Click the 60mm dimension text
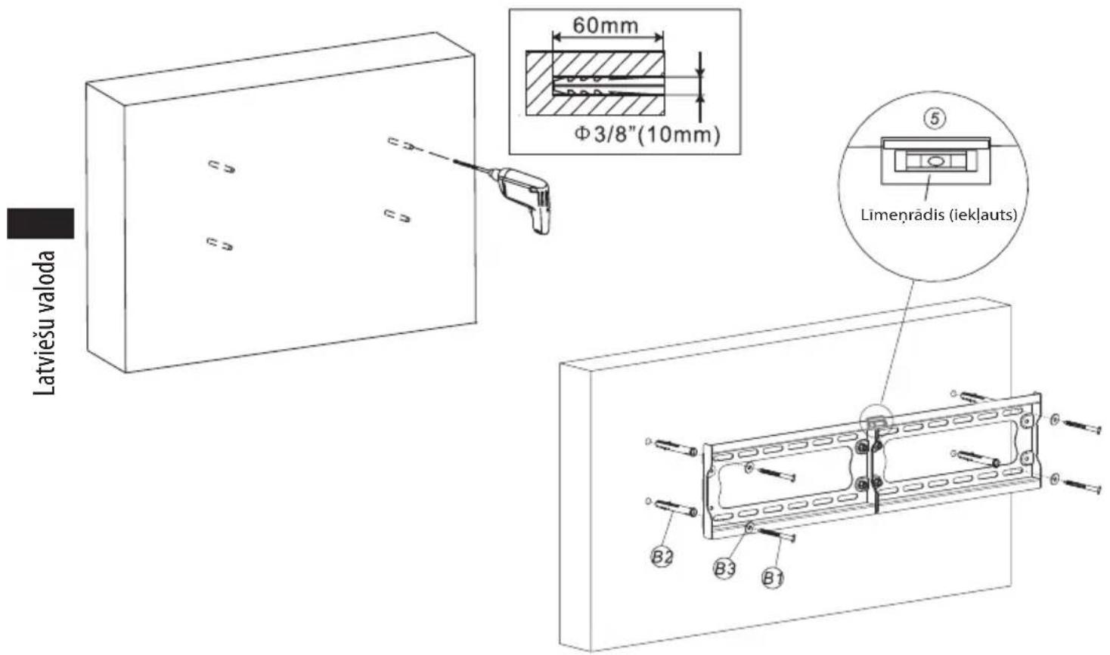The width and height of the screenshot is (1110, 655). pos(606,25)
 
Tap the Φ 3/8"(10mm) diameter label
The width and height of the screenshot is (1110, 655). pos(646,134)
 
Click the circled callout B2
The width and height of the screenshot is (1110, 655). pos(662,557)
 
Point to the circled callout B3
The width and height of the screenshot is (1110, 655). pos(724,568)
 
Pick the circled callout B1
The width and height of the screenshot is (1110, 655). pos(773,577)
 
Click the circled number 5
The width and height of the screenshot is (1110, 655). pos(935,119)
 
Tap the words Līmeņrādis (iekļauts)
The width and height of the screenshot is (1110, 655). pos(939,215)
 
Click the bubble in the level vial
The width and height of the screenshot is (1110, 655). pos(935,161)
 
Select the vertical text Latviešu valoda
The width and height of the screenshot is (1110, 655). pos(44,323)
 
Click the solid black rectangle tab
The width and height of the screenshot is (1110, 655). pos(41,224)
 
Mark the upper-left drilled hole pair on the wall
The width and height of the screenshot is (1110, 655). pos(221,167)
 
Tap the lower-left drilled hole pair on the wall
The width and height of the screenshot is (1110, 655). pos(219,243)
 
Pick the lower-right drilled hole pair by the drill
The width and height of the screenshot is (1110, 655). pos(398,216)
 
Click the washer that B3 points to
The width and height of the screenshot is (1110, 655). pos(749,528)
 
